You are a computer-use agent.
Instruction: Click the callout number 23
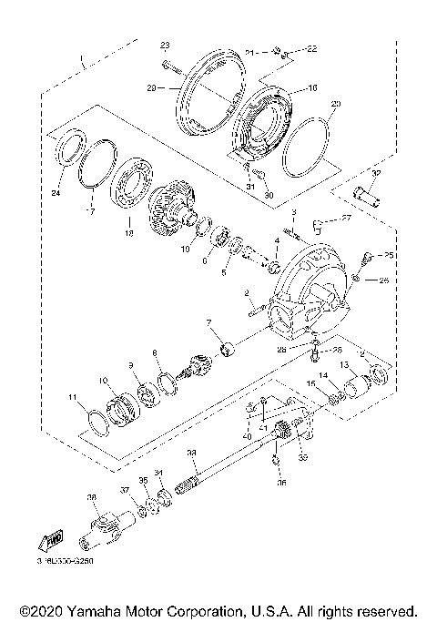(165, 45)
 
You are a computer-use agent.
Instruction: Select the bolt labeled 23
(171, 65)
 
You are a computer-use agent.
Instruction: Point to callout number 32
(376, 172)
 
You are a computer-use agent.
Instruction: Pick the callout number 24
(56, 193)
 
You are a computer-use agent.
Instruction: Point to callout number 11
(72, 398)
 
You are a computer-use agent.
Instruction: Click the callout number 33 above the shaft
(191, 453)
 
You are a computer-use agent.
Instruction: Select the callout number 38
(91, 496)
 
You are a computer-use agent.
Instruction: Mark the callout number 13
(344, 364)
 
